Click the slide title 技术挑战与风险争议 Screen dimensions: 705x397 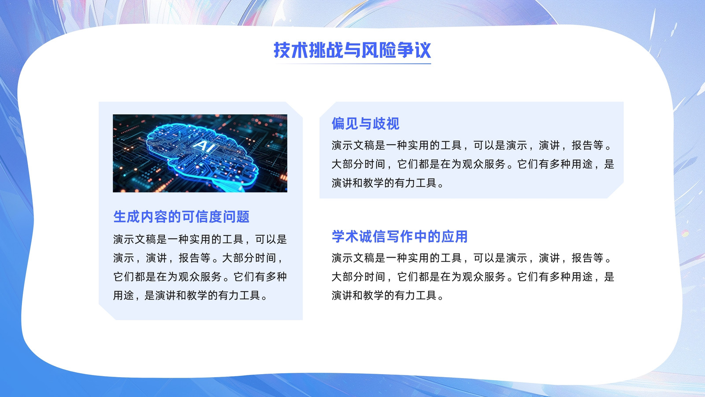pos(352,50)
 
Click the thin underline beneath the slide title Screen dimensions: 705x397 pos(352,64)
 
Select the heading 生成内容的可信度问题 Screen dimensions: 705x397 pos(181,217)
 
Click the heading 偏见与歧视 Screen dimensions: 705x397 pos(365,124)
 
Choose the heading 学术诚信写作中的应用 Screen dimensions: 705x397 pos(400,236)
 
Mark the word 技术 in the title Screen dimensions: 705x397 pos(291,50)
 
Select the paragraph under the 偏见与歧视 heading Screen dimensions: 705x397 pos(473,164)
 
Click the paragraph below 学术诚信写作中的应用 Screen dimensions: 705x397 pos(473,277)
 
